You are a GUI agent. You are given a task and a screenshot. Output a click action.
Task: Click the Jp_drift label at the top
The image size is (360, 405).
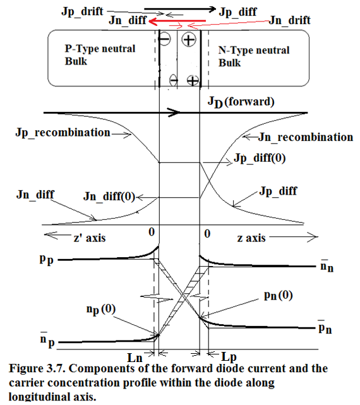point(82,11)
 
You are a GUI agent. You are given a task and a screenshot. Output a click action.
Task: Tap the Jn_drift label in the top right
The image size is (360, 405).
point(289,20)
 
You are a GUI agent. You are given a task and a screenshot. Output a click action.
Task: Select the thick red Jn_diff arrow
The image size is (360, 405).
point(177,21)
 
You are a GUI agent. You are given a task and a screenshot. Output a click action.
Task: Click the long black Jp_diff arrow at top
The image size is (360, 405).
point(180,9)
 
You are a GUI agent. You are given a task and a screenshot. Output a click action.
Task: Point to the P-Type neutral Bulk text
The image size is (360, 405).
point(100,55)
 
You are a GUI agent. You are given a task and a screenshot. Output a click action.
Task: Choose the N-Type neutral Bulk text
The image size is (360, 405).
point(254,56)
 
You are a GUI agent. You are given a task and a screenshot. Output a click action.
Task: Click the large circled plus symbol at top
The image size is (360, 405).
point(189,40)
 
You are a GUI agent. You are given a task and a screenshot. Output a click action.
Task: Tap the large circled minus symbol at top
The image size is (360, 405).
point(164,39)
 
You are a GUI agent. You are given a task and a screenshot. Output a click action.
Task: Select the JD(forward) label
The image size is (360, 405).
point(241,102)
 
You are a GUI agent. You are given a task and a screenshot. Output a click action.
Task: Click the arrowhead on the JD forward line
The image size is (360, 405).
point(174,112)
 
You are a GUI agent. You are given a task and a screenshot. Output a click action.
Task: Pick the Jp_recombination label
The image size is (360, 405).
point(63,133)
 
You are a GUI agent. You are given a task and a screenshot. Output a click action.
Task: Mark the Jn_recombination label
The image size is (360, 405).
point(306,137)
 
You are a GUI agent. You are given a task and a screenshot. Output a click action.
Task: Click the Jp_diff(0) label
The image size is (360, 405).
point(260,158)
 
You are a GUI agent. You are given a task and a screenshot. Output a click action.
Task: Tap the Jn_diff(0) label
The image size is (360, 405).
point(109,196)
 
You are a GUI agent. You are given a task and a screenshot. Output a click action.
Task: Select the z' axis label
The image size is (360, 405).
point(90,238)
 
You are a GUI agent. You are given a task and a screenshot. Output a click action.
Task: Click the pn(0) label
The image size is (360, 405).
point(279,296)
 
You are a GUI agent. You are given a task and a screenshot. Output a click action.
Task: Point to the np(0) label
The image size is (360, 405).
point(101,310)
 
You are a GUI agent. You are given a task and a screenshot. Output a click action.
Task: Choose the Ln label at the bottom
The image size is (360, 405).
point(135,358)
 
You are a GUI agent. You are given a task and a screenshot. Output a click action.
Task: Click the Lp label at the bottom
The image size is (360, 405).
point(229,358)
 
